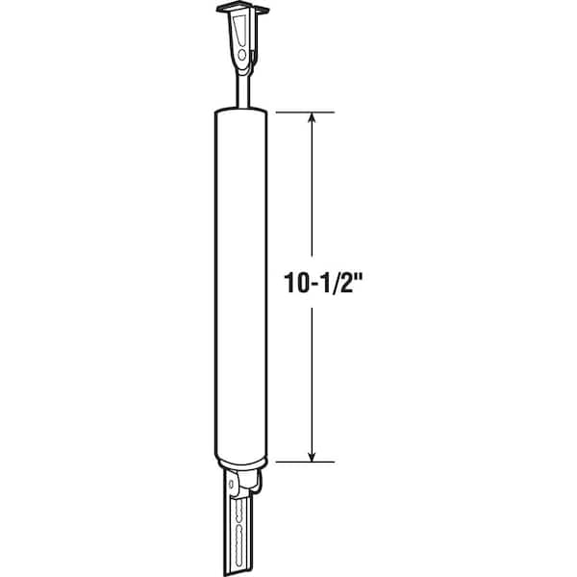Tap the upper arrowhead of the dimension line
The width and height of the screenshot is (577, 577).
coord(312,117)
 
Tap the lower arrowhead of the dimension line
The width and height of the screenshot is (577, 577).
coord(312,456)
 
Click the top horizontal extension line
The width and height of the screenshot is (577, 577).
coord(305,112)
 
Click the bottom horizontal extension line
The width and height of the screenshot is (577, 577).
coord(305,462)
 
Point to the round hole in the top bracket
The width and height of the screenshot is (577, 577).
coord(241,55)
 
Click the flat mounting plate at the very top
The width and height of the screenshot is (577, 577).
coord(243,8)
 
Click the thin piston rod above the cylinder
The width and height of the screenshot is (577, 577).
coord(243,90)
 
